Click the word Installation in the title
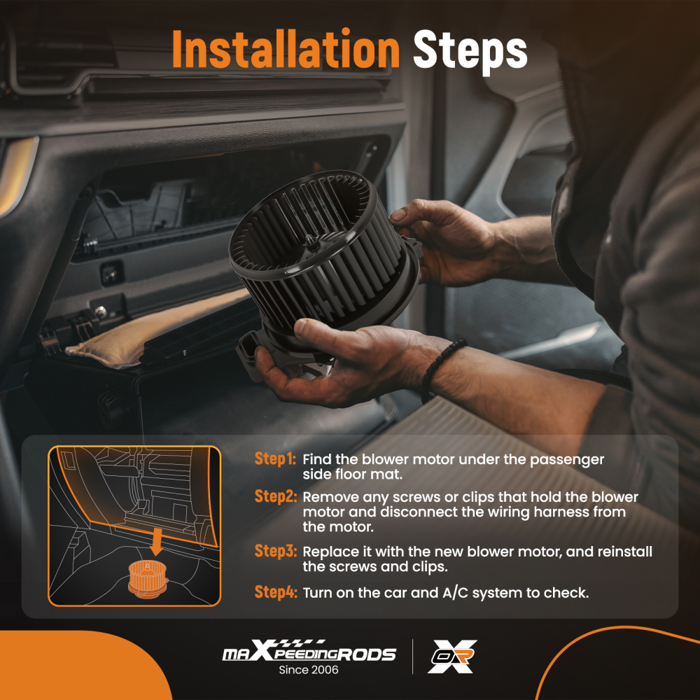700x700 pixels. point(286,49)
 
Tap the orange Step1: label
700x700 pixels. point(275,459)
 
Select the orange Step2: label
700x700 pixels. point(275,496)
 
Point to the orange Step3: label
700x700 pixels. point(275,552)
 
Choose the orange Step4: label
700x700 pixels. point(275,592)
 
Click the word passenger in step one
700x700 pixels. point(567,461)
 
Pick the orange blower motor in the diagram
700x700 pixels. point(148,579)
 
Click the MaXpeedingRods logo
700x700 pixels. point(309,651)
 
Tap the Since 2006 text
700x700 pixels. point(309,670)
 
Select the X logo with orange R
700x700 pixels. point(452,657)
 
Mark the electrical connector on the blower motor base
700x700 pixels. point(247,353)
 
